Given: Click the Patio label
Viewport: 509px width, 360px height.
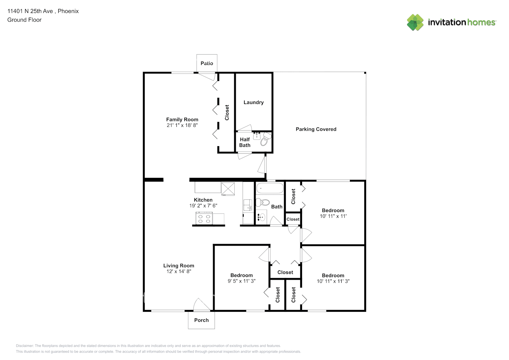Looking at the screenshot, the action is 207,63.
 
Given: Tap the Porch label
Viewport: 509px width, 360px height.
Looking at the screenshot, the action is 201,320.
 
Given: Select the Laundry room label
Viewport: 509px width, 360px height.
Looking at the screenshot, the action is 253,103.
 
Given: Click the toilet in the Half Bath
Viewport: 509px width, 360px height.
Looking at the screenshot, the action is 266,139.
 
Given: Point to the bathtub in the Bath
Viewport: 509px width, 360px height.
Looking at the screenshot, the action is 270,188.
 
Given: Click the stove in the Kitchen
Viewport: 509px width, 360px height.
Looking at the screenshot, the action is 204,219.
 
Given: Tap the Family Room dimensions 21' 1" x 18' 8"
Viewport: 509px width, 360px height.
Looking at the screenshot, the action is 182,125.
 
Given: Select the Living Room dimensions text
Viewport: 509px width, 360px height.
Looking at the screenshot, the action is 179,271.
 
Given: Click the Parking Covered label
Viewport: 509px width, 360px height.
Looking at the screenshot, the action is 316,129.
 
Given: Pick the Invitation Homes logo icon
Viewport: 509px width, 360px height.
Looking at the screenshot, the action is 415,22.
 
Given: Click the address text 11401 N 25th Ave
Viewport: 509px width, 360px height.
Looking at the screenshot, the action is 30,11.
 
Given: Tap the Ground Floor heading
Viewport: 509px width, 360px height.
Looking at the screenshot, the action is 24,20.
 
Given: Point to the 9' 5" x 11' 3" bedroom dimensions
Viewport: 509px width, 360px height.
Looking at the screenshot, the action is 242,281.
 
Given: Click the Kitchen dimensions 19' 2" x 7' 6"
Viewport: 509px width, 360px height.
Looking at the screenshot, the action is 203,206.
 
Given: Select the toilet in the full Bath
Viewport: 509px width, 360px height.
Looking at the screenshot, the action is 263,202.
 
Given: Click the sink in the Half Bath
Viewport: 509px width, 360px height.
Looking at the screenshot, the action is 257,136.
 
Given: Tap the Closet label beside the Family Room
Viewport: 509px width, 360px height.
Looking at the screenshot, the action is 227,112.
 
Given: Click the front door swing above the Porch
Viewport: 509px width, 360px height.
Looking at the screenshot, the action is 202,305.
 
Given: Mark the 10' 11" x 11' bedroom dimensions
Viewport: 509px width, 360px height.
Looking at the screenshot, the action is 333,216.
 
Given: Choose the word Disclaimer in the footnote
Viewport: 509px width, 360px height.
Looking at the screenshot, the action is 24,346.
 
